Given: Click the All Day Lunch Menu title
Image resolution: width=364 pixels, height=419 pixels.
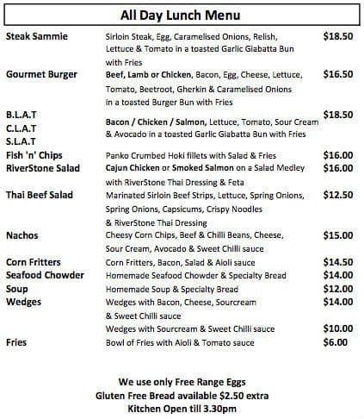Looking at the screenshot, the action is tap(182, 16).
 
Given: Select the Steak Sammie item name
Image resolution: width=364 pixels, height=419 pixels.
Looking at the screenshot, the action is tap(38, 38).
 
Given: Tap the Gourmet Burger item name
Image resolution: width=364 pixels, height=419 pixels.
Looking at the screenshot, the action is tap(43, 75).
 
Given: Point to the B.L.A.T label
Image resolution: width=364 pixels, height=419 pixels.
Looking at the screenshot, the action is tap(22, 114).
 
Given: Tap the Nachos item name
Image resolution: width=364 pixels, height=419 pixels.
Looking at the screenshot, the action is tap(22, 235).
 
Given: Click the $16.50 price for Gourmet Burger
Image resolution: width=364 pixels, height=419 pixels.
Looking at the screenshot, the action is tap(337, 75).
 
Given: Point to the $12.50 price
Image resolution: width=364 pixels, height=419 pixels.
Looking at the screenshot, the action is tap(337, 196).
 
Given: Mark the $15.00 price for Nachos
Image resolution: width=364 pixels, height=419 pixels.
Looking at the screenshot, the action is tap(337, 235).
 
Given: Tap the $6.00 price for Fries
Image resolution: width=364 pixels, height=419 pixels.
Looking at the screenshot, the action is tap(335, 342).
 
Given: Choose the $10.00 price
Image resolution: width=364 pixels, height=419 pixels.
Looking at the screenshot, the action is tap(337, 328).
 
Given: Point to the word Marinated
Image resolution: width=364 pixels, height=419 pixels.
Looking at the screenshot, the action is tap(129, 196).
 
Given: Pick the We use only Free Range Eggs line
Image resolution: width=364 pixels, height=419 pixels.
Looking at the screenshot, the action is tap(181, 380).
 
